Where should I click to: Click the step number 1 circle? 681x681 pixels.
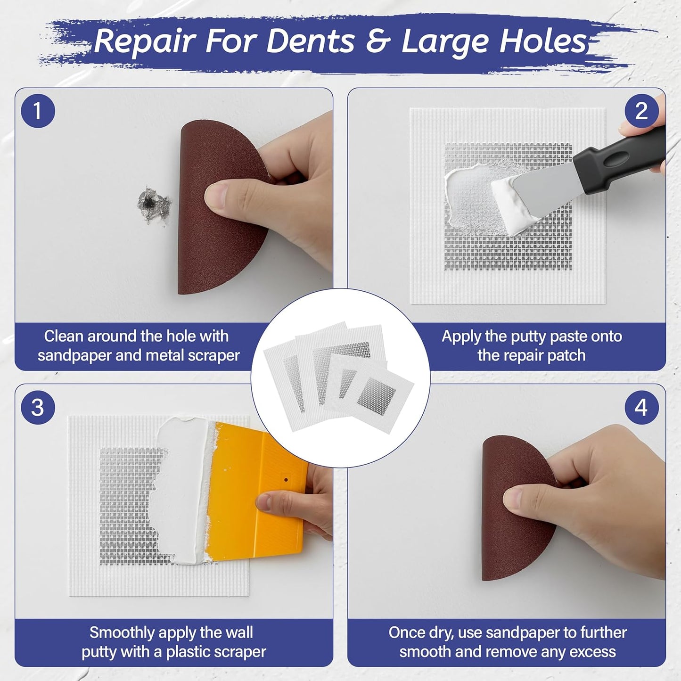[38, 111]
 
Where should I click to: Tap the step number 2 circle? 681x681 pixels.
[641, 111]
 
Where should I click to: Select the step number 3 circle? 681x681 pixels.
[38, 408]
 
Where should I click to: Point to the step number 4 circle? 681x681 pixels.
[641, 408]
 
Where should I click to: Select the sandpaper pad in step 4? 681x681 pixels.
[514, 509]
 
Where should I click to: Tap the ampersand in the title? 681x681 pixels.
[378, 41]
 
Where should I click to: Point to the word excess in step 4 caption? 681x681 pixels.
[592, 652]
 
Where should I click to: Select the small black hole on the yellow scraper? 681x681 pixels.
[286, 480]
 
